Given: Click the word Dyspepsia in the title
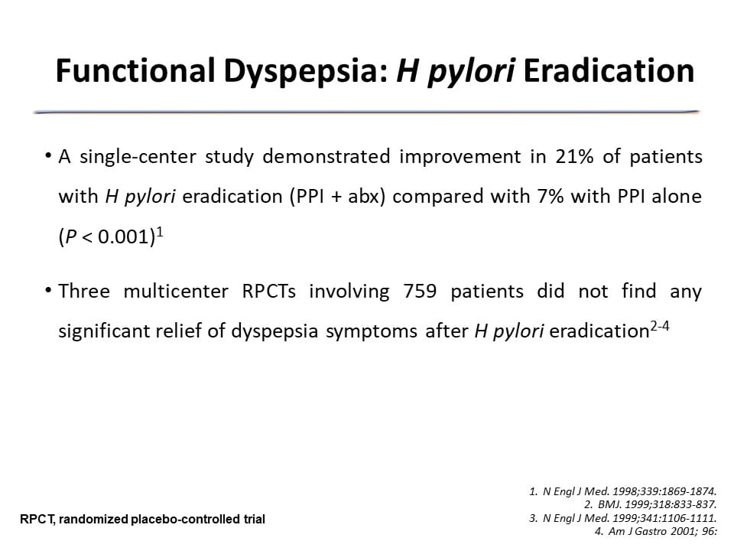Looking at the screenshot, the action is (306, 72).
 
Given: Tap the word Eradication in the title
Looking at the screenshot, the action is (609, 70).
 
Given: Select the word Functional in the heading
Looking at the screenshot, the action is (135, 70).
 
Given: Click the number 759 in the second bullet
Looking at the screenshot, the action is (420, 291).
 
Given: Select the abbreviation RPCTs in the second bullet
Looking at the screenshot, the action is (268, 291).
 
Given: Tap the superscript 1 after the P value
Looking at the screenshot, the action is (160, 232).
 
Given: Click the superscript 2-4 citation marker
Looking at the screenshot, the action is (660, 326).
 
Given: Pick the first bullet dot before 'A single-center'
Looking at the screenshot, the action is (47, 155).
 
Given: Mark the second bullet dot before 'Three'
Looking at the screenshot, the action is (47, 290).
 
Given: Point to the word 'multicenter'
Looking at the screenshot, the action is (176, 291).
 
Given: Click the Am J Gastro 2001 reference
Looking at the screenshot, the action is (656, 531).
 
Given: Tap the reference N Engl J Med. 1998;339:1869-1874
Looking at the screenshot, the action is (623, 491).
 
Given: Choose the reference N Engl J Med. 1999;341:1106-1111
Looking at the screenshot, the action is (623, 518).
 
